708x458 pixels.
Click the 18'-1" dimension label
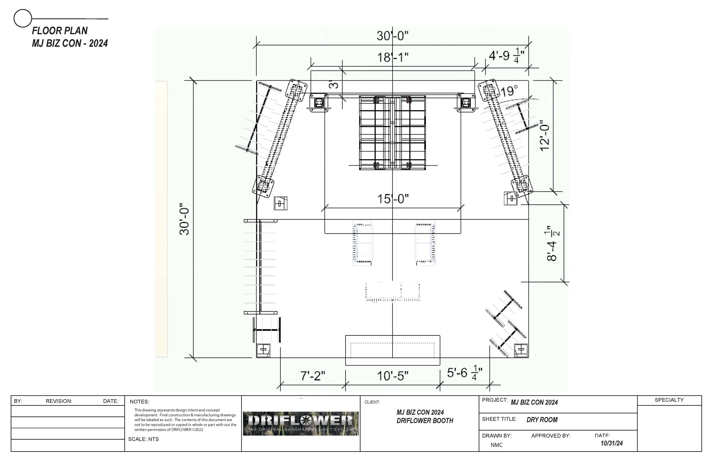point(393,57)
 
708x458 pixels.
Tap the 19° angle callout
point(509,91)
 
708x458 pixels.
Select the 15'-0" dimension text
point(393,199)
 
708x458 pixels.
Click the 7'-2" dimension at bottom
point(313,376)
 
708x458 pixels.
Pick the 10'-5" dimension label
point(393,376)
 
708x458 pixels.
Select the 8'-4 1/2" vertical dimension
point(553,243)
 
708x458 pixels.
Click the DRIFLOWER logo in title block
point(301,423)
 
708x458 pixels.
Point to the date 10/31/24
point(612,443)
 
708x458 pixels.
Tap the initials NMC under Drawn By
point(496,445)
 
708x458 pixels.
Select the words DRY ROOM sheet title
point(542,420)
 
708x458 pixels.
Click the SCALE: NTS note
point(143,439)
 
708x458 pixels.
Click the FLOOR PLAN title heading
point(60,31)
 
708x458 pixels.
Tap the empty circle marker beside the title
point(23,18)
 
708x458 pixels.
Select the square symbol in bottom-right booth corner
point(521,350)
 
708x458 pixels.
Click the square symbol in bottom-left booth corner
point(263,350)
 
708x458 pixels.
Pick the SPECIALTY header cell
point(669,400)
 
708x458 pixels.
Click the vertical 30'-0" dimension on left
point(185,219)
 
